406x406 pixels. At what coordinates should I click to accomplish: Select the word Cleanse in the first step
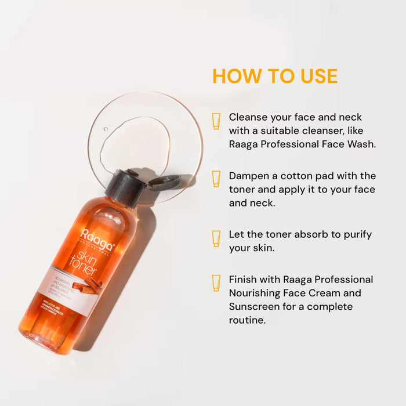[x=249, y=117]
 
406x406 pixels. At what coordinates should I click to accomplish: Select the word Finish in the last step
[x=244, y=280]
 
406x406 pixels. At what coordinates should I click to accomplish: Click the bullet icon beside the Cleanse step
[x=216, y=121]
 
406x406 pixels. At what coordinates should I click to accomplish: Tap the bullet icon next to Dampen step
[x=216, y=179]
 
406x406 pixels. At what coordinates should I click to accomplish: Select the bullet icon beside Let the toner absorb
[x=216, y=238]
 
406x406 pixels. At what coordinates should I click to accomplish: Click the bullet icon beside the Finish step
[x=216, y=282]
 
